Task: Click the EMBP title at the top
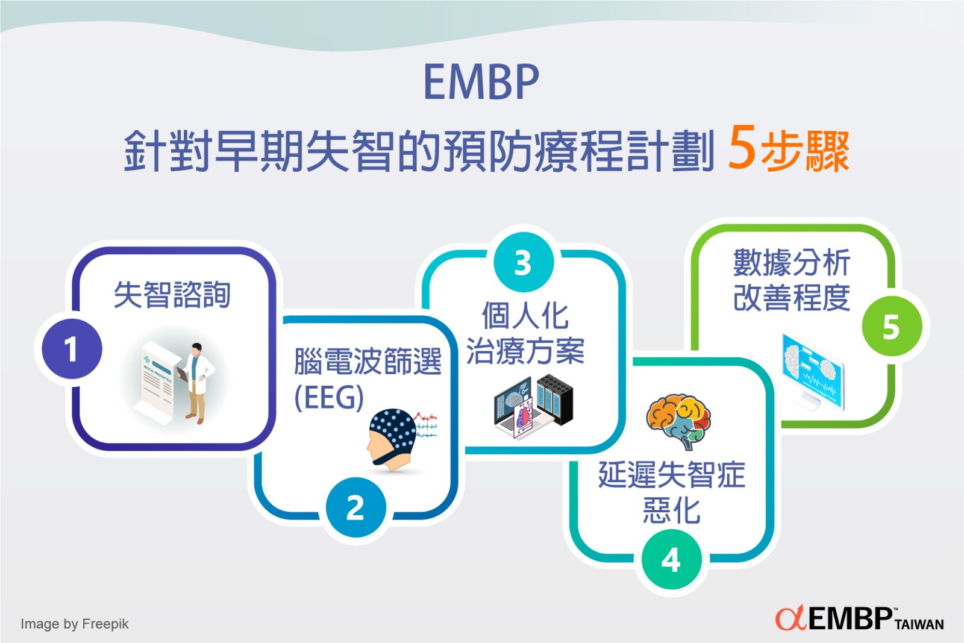click(x=481, y=82)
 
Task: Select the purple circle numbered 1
click(x=71, y=349)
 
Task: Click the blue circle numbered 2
click(x=355, y=507)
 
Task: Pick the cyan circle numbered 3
click(x=523, y=263)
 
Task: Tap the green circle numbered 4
click(x=671, y=560)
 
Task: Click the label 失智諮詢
click(x=172, y=295)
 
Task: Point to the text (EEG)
click(x=329, y=398)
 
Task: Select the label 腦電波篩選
click(x=368, y=362)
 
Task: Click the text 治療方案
click(x=525, y=351)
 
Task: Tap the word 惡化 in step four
click(x=671, y=510)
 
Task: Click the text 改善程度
click(x=791, y=297)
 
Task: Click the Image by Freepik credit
click(x=74, y=624)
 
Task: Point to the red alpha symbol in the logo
click(x=790, y=618)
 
